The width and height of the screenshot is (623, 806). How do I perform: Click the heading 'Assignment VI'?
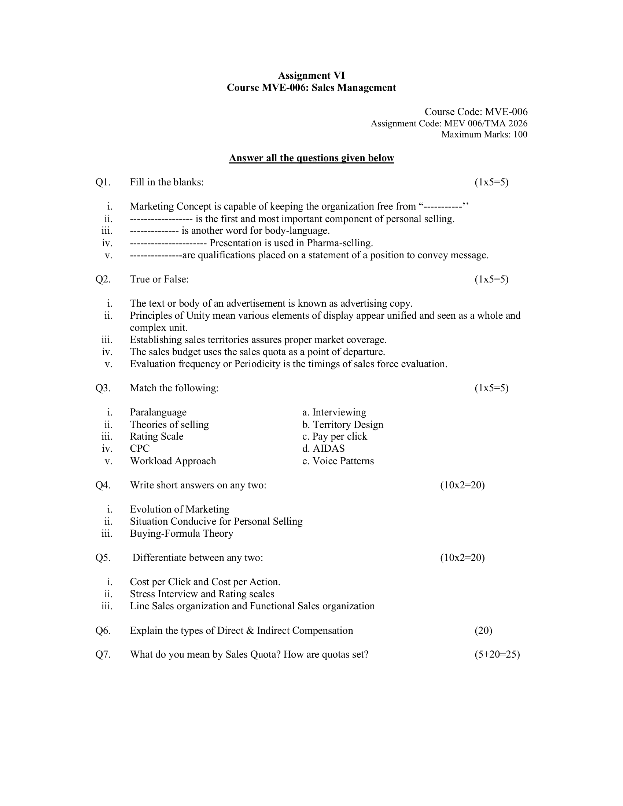(x=311, y=76)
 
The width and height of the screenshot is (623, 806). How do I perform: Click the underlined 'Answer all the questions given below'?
(x=311, y=158)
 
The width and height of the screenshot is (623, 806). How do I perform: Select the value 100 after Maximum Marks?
(x=520, y=135)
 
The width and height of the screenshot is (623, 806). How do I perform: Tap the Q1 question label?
(x=103, y=182)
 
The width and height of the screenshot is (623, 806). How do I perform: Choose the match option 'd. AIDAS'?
(x=323, y=449)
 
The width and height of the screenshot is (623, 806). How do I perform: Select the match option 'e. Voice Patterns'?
(x=338, y=461)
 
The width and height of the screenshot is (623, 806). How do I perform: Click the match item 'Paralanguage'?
(x=158, y=413)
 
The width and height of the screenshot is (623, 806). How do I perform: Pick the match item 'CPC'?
(x=140, y=449)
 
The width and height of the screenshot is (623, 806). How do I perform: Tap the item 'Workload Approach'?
(x=173, y=461)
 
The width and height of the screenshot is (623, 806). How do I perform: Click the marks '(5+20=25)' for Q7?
(x=497, y=655)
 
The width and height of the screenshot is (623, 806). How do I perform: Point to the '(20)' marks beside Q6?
(x=483, y=631)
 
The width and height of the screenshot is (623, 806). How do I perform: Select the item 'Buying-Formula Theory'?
(x=181, y=534)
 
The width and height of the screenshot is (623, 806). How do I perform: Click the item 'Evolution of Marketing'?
(x=179, y=510)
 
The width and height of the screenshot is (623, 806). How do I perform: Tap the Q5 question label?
(x=103, y=558)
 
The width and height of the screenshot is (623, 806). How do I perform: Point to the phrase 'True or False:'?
(x=159, y=280)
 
